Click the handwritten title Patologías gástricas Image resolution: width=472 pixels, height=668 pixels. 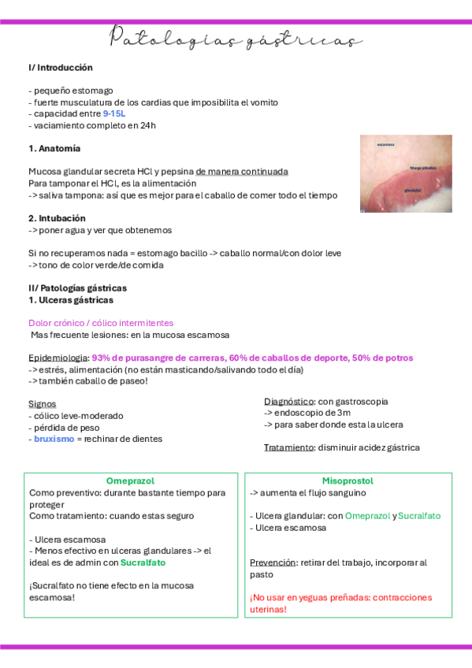click(x=236, y=39)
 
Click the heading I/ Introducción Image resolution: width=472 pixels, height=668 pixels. click(x=61, y=68)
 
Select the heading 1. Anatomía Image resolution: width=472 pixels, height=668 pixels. click(x=54, y=148)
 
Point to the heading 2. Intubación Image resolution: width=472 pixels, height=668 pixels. click(x=58, y=218)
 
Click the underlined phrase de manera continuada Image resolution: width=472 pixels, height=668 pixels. click(x=242, y=172)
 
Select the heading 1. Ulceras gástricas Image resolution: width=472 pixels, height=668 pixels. click(x=71, y=300)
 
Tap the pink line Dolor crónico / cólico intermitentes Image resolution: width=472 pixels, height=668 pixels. click(x=101, y=323)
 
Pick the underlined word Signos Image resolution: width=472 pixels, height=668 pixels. click(x=42, y=403)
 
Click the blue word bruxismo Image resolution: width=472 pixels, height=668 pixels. click(x=54, y=439)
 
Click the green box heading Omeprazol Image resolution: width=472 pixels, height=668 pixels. click(x=130, y=481)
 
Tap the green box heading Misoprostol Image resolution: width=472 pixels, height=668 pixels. click(x=347, y=481)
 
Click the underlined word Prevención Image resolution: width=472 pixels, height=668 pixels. click(x=273, y=562)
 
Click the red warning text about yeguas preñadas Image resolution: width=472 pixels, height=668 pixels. click(x=340, y=603)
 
